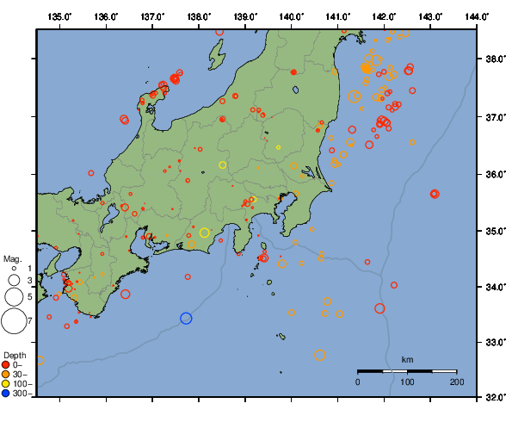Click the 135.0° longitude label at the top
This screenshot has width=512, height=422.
[x=59, y=16]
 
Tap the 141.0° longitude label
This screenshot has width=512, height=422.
[x=337, y=16]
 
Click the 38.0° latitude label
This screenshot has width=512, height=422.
[x=495, y=59]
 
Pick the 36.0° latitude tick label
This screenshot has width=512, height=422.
[x=495, y=174]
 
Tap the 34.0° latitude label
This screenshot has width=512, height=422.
[x=495, y=287]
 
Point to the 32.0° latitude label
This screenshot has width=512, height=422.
[x=495, y=398]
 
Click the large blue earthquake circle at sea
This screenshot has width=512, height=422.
[x=186, y=318]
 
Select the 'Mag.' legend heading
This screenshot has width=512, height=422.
[x=12, y=258]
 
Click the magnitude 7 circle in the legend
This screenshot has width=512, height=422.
[x=13, y=321]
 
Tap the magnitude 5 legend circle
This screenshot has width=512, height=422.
[x=13, y=296]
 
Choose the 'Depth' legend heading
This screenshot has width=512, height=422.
[x=14, y=355]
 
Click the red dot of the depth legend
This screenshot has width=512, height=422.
[x=7, y=364]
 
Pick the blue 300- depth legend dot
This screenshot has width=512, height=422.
[x=7, y=394]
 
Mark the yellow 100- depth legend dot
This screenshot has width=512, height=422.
[x=7, y=384]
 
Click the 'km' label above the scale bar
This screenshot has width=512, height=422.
[x=407, y=359]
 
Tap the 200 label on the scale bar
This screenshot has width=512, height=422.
[x=457, y=382]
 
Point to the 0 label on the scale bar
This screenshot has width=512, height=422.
[x=358, y=382]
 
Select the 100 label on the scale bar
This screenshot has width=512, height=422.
[x=407, y=382]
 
